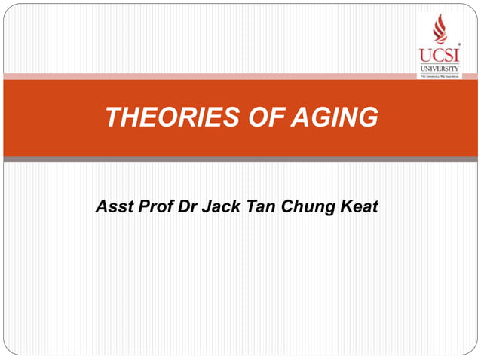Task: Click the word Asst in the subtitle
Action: pyautogui.click(x=113, y=206)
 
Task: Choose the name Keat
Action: pyautogui.click(x=357, y=206)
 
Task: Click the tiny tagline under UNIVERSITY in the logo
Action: pyautogui.click(x=440, y=75)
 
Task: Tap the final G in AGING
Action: pyautogui.click(x=368, y=117)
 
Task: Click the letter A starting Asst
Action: pyautogui.click(x=101, y=206)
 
